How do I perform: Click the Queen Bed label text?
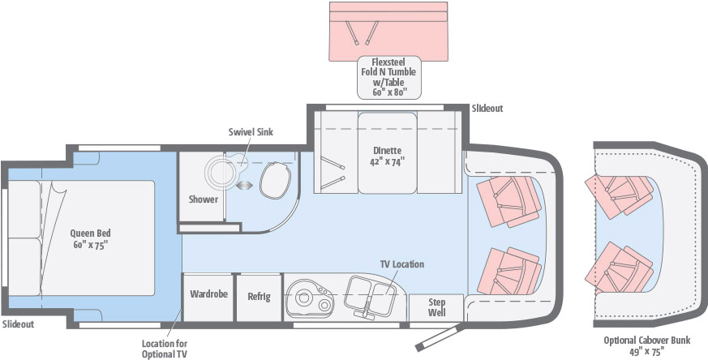tap(90, 239)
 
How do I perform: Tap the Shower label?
tap(204, 199)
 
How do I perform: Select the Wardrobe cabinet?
tap(208, 297)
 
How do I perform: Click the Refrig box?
tap(260, 297)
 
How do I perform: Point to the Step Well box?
tap(436, 307)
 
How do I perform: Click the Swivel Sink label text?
tap(251, 132)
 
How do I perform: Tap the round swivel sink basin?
tap(221, 172)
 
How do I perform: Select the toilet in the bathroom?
tap(275, 180)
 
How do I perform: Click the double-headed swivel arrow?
tap(244, 185)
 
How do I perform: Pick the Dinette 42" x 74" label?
tap(387, 156)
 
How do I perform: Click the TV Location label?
tap(402, 264)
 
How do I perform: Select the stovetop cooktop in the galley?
tap(310, 298)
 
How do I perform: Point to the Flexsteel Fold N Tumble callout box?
tap(389, 77)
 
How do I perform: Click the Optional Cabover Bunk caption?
tap(647, 345)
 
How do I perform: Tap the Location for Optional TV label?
tap(165, 349)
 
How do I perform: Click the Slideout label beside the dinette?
tap(487, 109)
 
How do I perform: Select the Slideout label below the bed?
tap(18, 324)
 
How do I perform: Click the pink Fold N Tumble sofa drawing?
tap(388, 32)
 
